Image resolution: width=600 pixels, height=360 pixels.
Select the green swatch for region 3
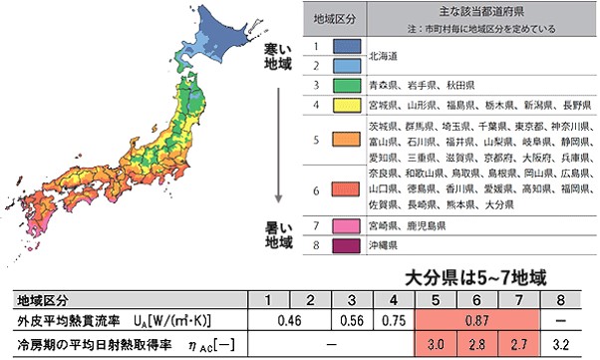click(346, 86)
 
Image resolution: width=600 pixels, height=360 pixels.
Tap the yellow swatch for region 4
click(346, 104)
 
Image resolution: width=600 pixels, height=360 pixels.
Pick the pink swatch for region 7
click(346, 226)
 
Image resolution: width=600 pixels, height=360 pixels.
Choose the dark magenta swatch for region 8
click(346, 244)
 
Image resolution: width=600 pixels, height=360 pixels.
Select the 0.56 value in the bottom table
click(353, 321)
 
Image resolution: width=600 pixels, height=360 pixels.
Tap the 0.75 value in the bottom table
click(395, 321)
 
